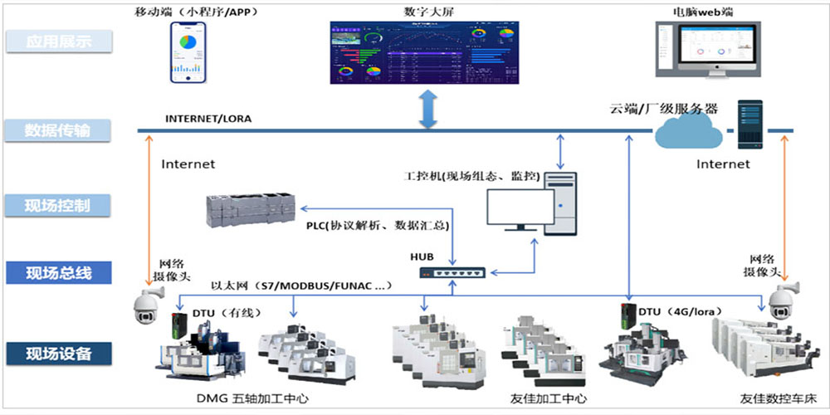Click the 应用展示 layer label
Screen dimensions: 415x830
(x=58, y=41)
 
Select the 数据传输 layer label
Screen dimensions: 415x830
(x=58, y=130)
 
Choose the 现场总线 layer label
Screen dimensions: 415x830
(x=58, y=272)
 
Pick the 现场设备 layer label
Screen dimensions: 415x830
(x=58, y=354)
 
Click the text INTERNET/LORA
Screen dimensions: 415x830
(x=207, y=119)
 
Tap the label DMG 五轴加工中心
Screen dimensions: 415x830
(x=242, y=399)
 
